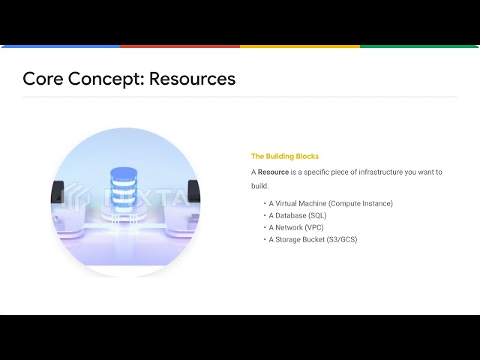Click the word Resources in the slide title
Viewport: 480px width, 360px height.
coord(192,79)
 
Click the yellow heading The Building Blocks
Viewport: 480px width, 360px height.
coord(284,157)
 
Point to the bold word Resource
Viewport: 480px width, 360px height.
coord(273,172)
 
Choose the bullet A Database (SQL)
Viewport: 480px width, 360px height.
coord(297,215)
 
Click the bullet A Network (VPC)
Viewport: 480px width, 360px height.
coord(295,227)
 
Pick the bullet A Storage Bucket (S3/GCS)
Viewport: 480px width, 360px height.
coord(313,239)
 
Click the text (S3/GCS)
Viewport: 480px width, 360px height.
coord(343,239)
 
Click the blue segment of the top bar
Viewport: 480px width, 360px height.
coord(60,46)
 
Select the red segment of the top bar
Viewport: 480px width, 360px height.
coord(180,46)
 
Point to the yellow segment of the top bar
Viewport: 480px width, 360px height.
coord(300,46)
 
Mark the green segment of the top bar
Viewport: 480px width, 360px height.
coord(420,46)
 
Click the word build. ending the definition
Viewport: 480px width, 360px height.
coord(259,185)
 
